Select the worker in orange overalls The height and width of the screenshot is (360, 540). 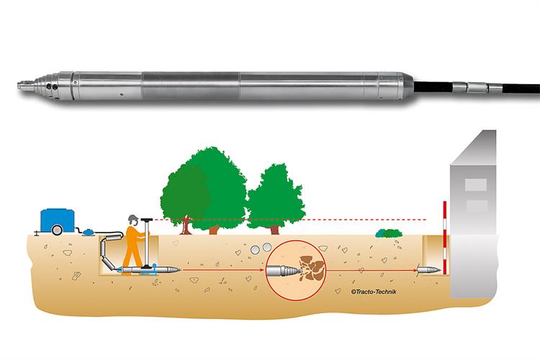point(132,245)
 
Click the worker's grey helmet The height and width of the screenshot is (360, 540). point(132,218)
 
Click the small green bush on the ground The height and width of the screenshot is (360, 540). point(389,233)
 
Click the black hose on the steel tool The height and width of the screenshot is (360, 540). point(504,90)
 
